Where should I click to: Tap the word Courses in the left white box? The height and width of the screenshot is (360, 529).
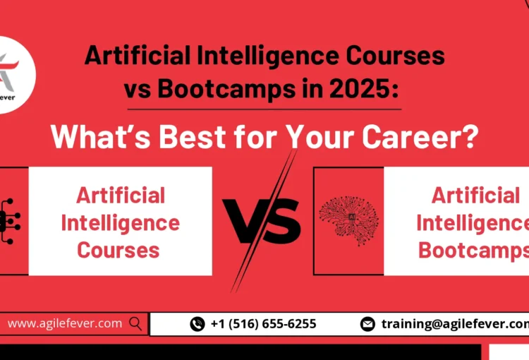click(x=118, y=249)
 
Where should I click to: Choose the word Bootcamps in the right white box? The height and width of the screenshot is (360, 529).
click(x=473, y=249)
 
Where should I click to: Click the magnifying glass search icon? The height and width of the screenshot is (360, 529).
click(x=135, y=324)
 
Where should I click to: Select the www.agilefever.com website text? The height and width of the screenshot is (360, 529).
click(x=65, y=324)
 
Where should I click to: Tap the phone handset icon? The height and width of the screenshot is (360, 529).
click(x=197, y=324)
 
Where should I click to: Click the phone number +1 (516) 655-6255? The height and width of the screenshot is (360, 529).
click(x=263, y=324)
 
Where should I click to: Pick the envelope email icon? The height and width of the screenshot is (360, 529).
click(x=367, y=324)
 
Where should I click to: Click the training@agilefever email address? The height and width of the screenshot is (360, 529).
click(x=454, y=324)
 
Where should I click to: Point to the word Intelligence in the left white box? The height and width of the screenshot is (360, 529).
click(x=120, y=222)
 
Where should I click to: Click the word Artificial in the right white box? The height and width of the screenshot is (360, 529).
click(x=475, y=196)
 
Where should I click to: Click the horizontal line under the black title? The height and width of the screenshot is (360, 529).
click(x=264, y=109)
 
